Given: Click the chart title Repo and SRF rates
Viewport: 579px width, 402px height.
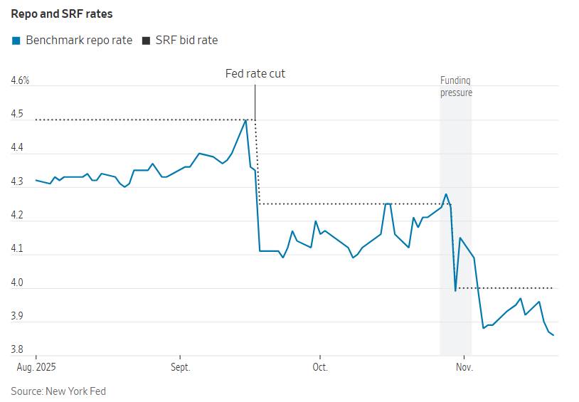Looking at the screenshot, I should coord(62,14).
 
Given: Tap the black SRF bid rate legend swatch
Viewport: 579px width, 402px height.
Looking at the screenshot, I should coord(147,41).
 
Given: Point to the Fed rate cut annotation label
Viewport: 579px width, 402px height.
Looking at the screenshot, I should coord(255,74).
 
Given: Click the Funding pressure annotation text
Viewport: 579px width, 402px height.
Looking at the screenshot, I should coord(456,87).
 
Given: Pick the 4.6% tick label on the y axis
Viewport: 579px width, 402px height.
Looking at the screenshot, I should coord(21,80).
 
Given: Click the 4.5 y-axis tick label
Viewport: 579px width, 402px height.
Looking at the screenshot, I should coord(17,115).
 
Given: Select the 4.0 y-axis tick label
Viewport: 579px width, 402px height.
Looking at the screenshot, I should coord(17,283).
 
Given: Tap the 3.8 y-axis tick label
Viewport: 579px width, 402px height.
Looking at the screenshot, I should coord(17,349).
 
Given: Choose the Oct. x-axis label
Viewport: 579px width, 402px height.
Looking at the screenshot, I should coord(320,368).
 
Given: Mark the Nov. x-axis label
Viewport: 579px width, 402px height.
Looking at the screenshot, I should coord(464,368).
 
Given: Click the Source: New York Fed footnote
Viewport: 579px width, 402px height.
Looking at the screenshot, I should coord(58,391).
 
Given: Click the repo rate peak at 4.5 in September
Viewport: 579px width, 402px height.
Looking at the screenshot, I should coord(246,120).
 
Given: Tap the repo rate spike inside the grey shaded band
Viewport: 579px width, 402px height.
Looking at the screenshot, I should coord(446,194).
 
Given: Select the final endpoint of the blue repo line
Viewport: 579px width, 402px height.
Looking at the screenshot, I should coord(553,335).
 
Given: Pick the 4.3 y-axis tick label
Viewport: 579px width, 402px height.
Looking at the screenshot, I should coord(17,182).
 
